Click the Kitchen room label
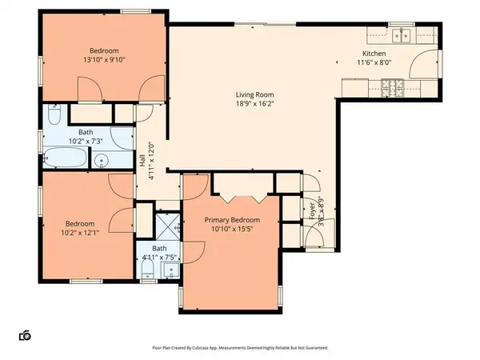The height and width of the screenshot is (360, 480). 374,54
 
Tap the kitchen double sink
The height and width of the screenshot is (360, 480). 402,35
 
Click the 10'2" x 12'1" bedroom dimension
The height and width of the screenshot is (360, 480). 80,234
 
